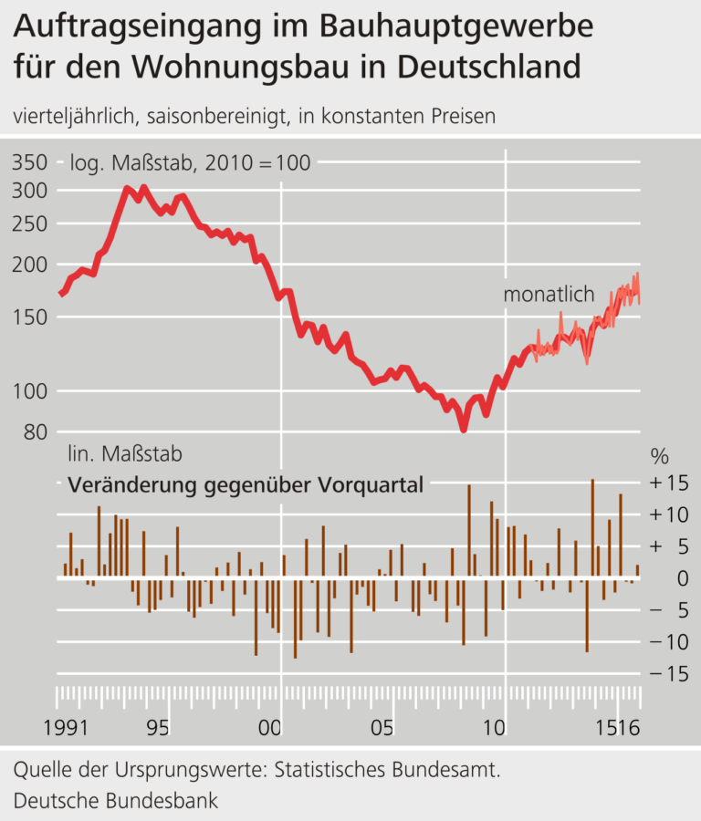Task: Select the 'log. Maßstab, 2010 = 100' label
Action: point(190,163)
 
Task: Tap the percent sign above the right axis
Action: point(659,455)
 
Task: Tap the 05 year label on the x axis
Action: point(382,729)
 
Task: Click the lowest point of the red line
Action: point(464,429)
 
